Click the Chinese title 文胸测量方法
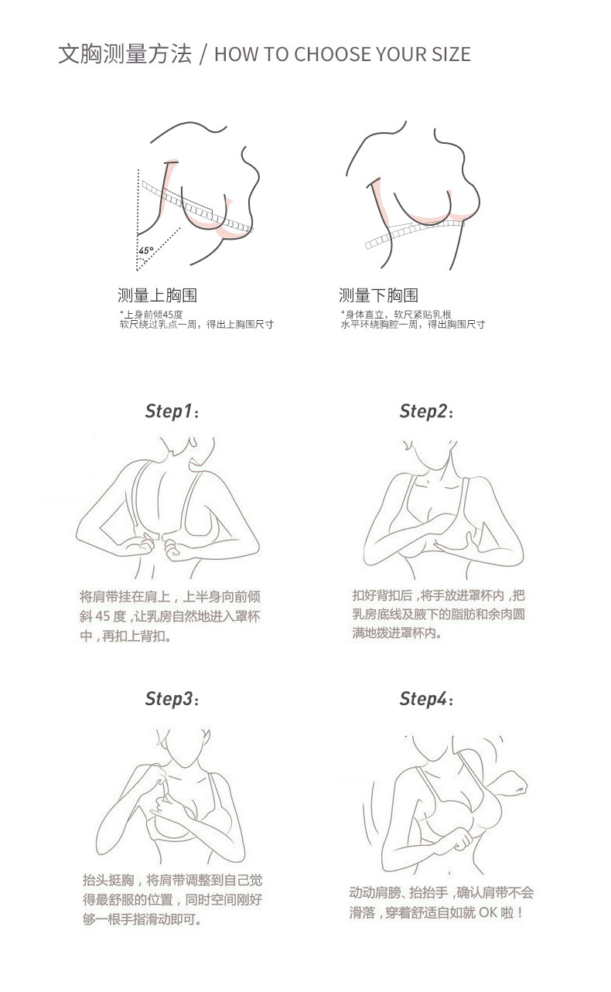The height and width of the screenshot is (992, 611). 125,54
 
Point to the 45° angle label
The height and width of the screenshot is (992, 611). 145,251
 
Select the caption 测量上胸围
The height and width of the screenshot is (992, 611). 157,295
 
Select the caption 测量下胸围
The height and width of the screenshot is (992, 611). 378,295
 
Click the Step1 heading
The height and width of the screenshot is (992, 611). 172,411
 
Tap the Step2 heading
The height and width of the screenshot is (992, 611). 426,411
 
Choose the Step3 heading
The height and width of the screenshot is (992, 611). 172,699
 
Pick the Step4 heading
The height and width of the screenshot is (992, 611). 426,699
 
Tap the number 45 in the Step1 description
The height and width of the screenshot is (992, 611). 102,616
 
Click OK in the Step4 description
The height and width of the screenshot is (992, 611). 487,912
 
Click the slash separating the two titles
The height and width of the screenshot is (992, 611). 203,54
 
